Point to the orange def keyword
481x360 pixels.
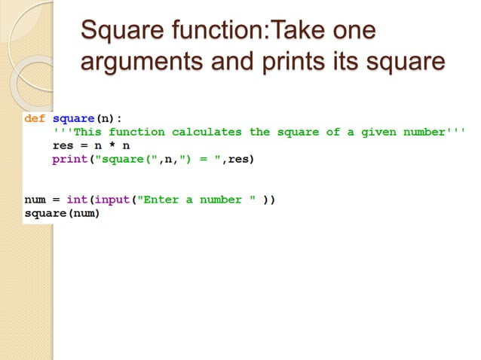[35, 118]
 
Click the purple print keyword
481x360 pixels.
[69, 160]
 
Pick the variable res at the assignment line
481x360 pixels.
[63, 146]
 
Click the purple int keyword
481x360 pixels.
[76, 200]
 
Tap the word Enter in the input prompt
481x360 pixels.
[161, 200]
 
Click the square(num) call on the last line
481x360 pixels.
[62, 213]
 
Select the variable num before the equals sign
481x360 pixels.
[35, 200]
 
